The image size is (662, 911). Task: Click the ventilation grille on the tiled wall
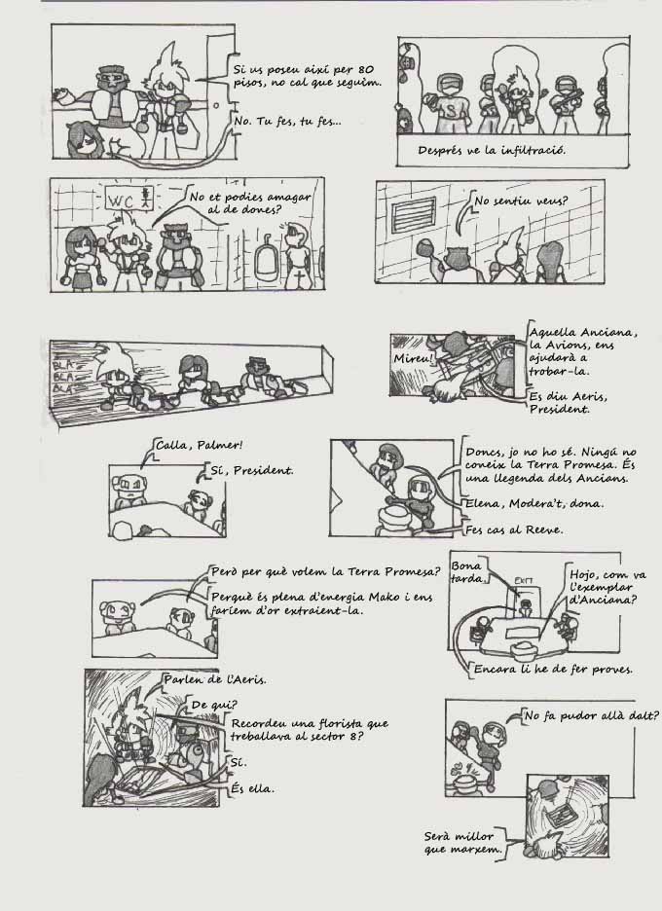(x=414, y=215)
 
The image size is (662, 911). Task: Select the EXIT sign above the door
(x=523, y=580)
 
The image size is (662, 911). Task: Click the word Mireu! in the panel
(x=413, y=358)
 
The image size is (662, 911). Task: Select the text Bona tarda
(x=467, y=571)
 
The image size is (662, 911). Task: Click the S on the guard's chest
(x=449, y=109)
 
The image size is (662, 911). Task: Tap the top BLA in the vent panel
(x=61, y=365)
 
